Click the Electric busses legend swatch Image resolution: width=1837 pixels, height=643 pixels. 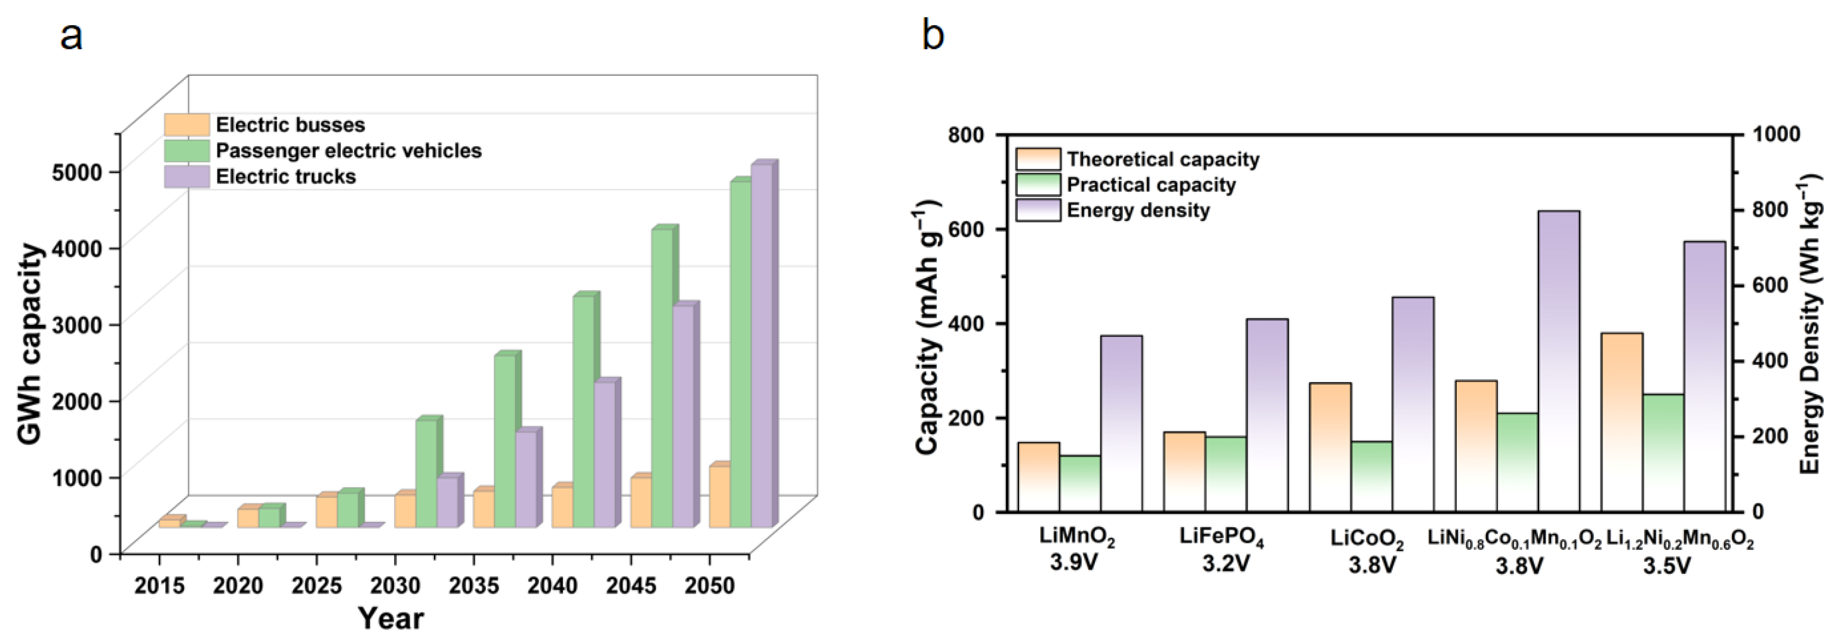click(x=187, y=125)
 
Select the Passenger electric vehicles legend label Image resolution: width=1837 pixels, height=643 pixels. click(x=349, y=151)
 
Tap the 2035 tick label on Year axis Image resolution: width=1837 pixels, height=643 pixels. click(x=473, y=586)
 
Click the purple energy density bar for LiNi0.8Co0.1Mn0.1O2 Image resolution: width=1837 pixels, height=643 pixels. click(x=1559, y=361)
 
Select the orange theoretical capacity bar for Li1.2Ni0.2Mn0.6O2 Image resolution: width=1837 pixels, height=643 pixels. click(x=1621, y=422)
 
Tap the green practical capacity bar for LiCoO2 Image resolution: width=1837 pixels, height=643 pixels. click(x=1371, y=476)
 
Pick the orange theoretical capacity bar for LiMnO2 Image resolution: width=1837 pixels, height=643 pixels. click(x=1038, y=477)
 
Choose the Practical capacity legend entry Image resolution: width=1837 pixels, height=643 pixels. click(x=1126, y=184)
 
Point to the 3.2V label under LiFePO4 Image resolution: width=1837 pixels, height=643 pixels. click(x=1226, y=564)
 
